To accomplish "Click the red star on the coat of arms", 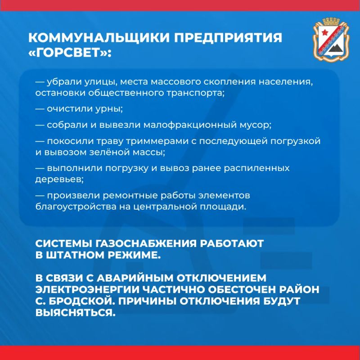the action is coord(324,32).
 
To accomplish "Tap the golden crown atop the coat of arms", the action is coord(331,21).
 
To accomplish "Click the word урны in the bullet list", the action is coord(109,109).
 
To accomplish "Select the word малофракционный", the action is coord(190,125).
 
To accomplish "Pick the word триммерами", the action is coord(157,141).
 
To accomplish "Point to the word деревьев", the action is coord(59,180).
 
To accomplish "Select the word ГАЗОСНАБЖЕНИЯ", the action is coord(146,243).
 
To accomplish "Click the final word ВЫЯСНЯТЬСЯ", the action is coord(76,313).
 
